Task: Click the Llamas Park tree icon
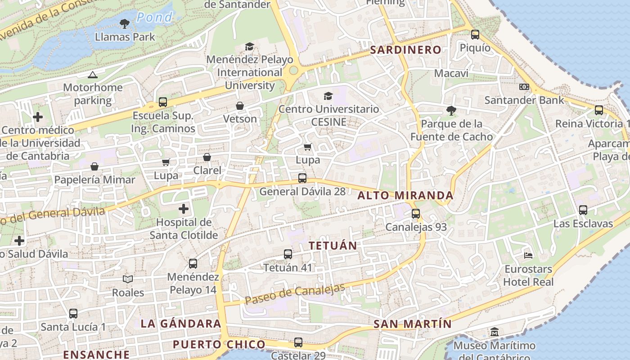click(x=125, y=23)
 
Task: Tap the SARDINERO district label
click(x=405, y=50)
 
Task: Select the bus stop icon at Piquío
click(x=475, y=35)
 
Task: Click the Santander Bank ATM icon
click(x=524, y=87)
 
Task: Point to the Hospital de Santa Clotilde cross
click(x=184, y=209)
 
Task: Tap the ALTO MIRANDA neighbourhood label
click(x=405, y=196)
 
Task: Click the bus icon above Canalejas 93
click(x=416, y=214)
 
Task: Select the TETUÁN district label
click(x=333, y=246)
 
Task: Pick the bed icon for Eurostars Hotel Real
click(x=528, y=256)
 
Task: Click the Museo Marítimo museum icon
click(x=494, y=332)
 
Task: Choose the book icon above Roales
click(x=128, y=279)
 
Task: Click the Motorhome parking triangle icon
click(x=93, y=75)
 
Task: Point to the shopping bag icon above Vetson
click(x=240, y=106)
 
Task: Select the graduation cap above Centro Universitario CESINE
click(x=328, y=96)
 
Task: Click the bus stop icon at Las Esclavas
click(x=583, y=210)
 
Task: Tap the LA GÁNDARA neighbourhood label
click(x=181, y=324)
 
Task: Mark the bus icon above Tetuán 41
click(x=288, y=254)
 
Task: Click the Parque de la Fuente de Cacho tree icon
click(x=451, y=110)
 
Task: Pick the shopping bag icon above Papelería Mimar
click(x=94, y=166)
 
